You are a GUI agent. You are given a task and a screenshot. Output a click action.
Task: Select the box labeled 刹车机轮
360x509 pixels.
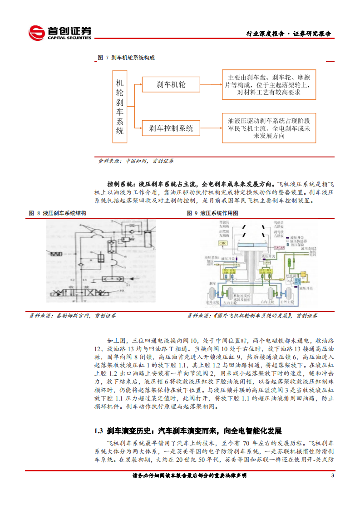(x=171, y=84)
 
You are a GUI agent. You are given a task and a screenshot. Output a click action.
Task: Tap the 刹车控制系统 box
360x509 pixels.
(x=171, y=128)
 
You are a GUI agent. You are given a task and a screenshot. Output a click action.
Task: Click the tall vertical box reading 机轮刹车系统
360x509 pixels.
(x=120, y=107)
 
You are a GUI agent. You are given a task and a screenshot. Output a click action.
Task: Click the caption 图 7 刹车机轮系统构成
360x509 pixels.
(x=127, y=58)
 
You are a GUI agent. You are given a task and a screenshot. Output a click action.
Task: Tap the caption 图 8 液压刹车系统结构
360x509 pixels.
(x=58, y=213)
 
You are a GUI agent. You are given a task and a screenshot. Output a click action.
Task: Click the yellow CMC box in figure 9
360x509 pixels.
(x=222, y=244)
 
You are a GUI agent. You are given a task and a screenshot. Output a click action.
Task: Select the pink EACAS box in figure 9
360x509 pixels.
(x=279, y=247)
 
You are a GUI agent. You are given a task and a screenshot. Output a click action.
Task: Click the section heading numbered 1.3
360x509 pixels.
(x=188, y=431)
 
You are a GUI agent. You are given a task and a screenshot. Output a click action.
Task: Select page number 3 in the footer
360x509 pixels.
(x=333, y=475)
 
